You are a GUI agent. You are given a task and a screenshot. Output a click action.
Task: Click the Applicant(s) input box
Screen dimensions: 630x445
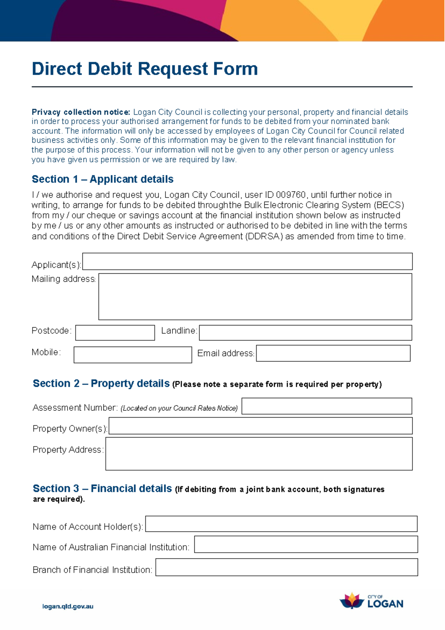(x=247, y=262)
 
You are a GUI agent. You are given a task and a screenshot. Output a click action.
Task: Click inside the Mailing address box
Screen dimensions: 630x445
(x=255, y=297)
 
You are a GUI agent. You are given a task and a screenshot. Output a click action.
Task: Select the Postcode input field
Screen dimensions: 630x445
(x=115, y=333)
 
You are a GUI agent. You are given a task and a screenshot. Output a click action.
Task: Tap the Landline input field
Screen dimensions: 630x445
(x=305, y=333)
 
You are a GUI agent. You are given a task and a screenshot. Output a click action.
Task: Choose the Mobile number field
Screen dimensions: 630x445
(x=133, y=355)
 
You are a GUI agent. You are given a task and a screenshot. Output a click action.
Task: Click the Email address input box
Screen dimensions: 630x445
(x=333, y=353)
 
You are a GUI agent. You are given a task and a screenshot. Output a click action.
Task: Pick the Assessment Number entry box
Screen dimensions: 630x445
(x=327, y=406)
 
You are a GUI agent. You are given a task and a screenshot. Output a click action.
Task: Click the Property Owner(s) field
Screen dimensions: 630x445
(x=260, y=426)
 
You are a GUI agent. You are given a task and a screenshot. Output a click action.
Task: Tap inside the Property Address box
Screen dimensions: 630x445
(x=259, y=454)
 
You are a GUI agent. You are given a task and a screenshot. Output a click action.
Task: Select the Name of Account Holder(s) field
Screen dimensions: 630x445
(x=281, y=524)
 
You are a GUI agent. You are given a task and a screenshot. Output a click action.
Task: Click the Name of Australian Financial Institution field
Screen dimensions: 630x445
(x=306, y=544)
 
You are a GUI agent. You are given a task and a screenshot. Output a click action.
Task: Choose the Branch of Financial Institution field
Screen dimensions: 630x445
(x=287, y=567)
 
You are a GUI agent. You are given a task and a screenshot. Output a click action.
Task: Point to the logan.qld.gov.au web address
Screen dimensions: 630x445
(x=68, y=607)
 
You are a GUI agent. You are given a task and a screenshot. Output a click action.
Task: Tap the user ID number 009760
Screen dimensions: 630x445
(x=291, y=195)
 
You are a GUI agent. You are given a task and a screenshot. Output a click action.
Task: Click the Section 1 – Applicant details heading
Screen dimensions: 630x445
(x=103, y=179)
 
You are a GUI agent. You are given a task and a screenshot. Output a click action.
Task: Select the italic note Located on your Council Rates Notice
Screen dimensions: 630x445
(x=179, y=408)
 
